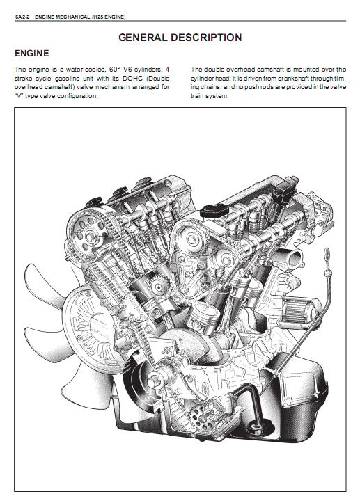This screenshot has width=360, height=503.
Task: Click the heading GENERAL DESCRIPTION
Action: click(180, 38)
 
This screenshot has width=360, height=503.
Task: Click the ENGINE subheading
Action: click(32, 54)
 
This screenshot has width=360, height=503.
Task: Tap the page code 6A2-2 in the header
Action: click(22, 17)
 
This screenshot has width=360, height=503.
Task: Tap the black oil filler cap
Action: click(214, 211)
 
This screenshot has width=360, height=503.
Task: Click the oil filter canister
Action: click(297, 310)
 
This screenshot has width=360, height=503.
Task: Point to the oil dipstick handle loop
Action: click(327, 255)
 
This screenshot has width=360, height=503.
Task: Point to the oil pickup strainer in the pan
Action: click(257, 426)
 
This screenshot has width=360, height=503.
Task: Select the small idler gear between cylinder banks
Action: click(159, 287)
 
